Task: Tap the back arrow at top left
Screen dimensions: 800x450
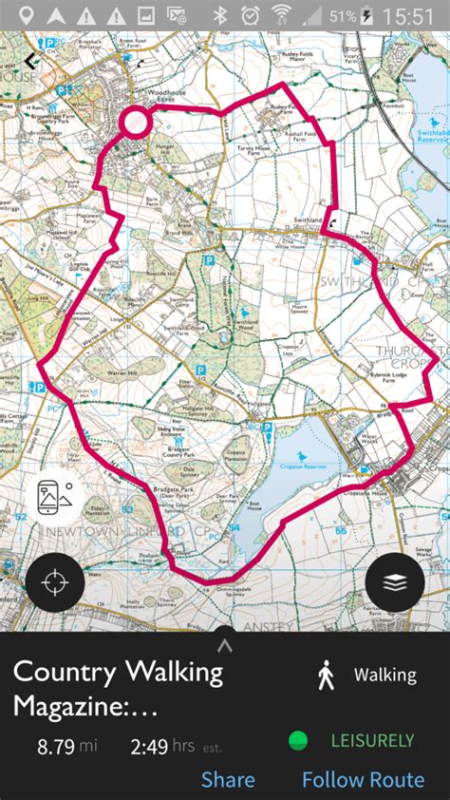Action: click(32, 60)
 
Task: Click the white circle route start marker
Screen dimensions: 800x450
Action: click(136, 121)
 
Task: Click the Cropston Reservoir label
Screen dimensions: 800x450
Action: click(303, 466)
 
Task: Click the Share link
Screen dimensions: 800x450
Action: click(228, 780)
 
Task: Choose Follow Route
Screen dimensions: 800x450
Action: click(363, 780)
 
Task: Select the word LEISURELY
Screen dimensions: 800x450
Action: click(372, 740)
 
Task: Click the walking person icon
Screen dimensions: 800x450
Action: click(326, 676)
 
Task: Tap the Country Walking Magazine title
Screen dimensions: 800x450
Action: click(118, 689)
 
